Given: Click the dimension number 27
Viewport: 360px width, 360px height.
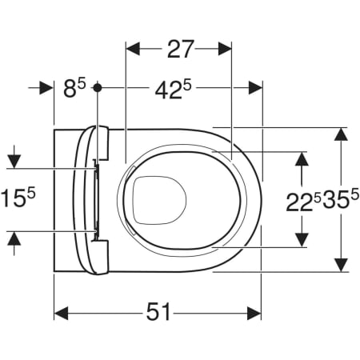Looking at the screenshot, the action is (180, 49).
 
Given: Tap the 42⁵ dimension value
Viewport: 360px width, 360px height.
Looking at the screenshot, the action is (174, 90).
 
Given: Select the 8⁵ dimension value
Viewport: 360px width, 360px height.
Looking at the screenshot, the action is (74, 88).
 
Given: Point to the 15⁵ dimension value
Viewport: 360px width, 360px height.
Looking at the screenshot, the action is (18, 198).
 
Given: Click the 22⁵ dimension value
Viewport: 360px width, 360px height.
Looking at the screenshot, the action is (303, 202).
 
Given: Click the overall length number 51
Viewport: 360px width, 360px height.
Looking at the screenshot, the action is (158, 312).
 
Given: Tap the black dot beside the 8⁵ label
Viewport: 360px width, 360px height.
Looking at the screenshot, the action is (98, 87).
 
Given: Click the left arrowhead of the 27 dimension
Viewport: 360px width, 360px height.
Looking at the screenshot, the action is (133, 49).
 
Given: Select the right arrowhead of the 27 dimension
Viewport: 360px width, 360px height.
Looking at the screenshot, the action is (225, 49).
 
